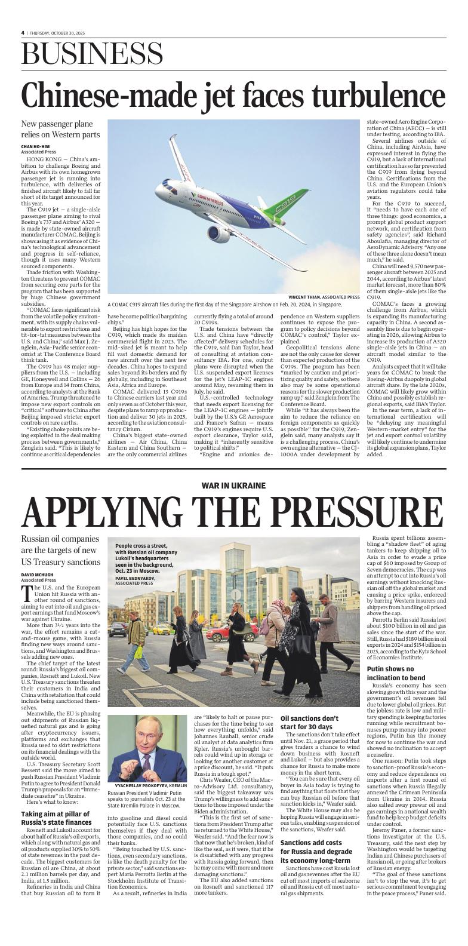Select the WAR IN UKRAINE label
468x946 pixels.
pyautogui.click(x=233, y=486)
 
